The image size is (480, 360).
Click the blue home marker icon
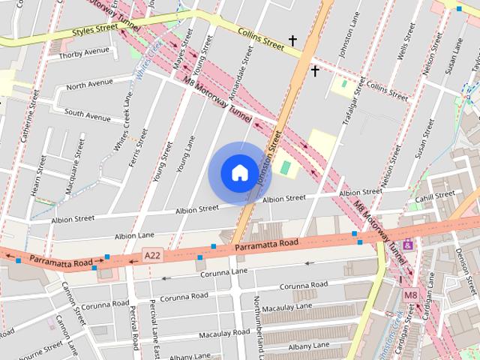[x=239, y=172]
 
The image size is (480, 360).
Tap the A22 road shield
[x=153, y=256]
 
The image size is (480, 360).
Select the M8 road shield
[x=410, y=295]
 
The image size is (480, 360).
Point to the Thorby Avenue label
[x=84, y=53]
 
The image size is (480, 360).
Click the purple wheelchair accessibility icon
[x=407, y=244]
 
